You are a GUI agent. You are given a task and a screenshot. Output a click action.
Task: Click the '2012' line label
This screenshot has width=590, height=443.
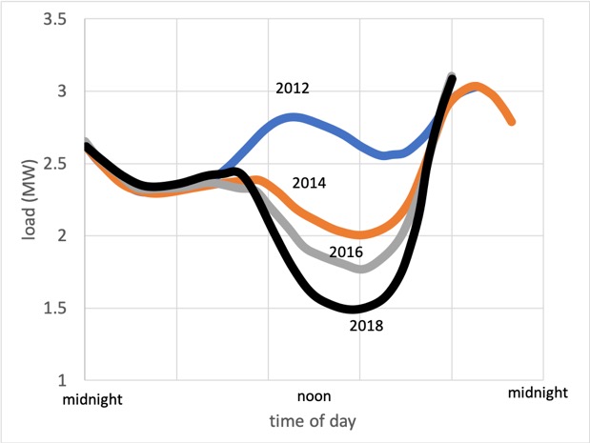[x=293, y=89]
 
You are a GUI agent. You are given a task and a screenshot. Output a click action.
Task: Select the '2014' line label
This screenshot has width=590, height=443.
[x=311, y=182]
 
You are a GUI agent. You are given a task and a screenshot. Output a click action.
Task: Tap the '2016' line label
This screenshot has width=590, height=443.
[x=346, y=252]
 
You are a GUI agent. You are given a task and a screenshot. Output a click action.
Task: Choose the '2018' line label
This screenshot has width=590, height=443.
[x=365, y=325]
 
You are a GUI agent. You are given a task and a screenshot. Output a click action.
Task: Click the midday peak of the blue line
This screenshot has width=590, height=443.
[x=295, y=118]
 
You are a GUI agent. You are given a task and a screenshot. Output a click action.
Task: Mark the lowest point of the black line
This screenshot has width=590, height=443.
[x=355, y=309]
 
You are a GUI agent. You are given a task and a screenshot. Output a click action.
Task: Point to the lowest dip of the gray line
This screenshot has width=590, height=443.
[x=361, y=269]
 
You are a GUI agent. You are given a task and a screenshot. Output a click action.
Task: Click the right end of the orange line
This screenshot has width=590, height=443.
[x=513, y=122]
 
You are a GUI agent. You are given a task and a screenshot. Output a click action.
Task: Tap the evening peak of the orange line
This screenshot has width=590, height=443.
[x=477, y=88]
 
